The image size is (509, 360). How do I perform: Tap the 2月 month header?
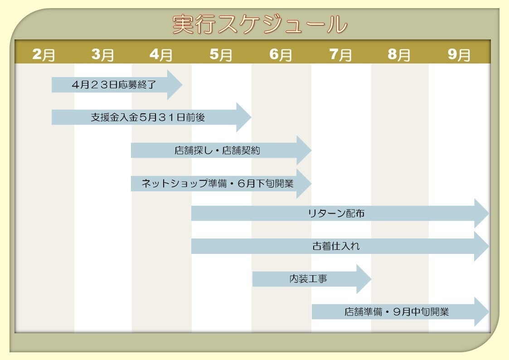[x=44, y=55]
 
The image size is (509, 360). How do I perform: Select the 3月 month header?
[x=102, y=55]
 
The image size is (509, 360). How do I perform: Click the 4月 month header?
[x=161, y=55]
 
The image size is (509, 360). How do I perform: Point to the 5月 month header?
[x=221, y=55]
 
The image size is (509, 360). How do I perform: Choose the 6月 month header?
[x=281, y=55]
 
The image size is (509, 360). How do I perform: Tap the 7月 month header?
[x=340, y=55]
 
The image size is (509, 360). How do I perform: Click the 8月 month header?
[x=399, y=55]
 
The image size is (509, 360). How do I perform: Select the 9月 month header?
[x=459, y=55]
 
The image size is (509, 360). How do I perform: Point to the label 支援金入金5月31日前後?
[x=148, y=117]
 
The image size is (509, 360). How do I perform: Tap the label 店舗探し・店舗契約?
[x=217, y=151]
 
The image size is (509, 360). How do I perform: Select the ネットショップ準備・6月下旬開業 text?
[x=218, y=184]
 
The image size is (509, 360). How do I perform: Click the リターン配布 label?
[x=335, y=213]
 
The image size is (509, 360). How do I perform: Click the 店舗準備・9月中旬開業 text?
[x=397, y=312]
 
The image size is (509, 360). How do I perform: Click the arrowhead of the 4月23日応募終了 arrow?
[x=175, y=85]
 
